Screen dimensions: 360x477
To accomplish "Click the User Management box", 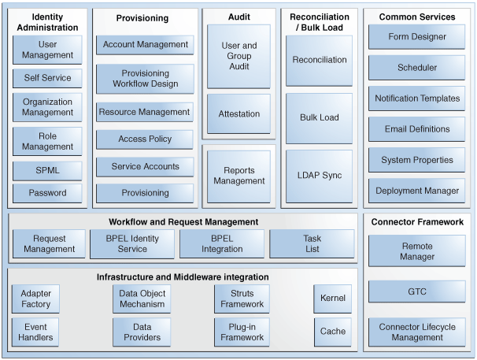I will coord(47,49).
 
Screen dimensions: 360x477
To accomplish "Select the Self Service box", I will coord(47,78).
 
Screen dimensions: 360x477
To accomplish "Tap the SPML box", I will coord(47,170).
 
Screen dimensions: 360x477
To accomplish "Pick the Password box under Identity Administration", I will coord(47,192).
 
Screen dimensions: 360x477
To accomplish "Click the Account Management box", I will coord(145,45).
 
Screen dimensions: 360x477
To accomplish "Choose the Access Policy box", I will coord(145,139).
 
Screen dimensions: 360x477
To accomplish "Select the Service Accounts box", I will coord(145,166).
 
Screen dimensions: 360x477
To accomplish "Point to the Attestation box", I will coord(238,114).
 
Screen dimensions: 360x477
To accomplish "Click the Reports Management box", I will coord(238,175).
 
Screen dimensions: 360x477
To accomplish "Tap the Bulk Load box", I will coord(319,117).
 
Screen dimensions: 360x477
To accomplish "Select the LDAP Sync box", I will coord(319,175).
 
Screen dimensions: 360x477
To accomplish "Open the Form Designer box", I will coord(416,37).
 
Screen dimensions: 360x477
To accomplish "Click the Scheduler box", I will coord(416,68).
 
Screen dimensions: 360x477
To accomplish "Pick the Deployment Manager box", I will coord(416,191).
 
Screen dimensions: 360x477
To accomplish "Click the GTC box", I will coord(416,291).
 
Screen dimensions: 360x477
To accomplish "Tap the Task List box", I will coord(312,243).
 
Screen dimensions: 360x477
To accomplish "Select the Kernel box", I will coord(332,299).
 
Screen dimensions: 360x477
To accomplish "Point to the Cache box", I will coord(332,332).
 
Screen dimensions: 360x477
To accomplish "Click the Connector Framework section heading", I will coord(416,222).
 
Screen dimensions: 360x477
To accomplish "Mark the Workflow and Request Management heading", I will coord(183,221).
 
